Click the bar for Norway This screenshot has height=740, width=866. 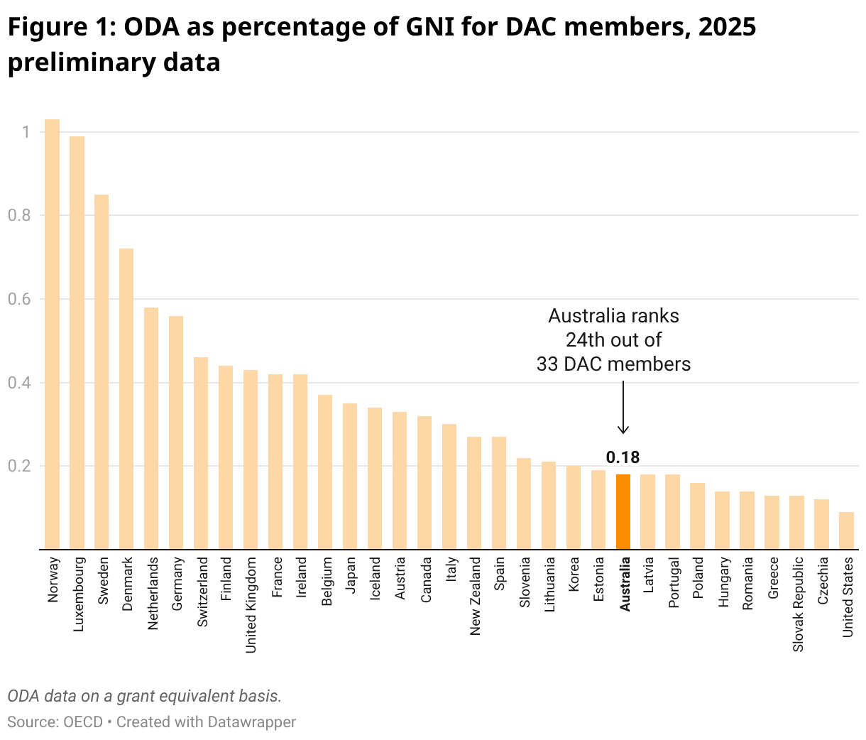click(x=52, y=334)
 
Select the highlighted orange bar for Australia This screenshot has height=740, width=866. click(x=623, y=511)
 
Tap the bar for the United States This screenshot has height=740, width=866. click(x=846, y=530)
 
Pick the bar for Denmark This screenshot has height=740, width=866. click(x=126, y=398)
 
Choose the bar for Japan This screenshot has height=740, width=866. click(x=350, y=476)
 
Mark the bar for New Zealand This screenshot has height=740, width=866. click(x=474, y=493)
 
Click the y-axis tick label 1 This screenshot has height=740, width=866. click(x=26, y=132)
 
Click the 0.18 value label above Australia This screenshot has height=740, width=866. click(x=623, y=457)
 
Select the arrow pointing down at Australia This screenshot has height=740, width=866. click(x=623, y=408)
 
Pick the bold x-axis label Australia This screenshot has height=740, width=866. click(x=625, y=584)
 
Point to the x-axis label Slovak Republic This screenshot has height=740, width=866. click(x=798, y=604)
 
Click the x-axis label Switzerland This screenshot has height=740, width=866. click(x=202, y=591)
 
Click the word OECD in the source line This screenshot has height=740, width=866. click(x=83, y=722)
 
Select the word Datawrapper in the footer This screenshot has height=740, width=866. click(x=251, y=722)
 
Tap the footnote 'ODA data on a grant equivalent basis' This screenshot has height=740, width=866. click(x=145, y=696)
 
